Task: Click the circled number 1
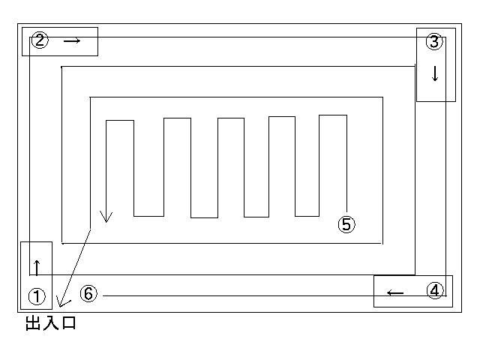coord(37,296)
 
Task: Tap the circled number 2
coord(40,40)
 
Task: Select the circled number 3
coord(434,42)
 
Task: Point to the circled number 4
coord(435,290)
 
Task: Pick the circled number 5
coord(346,224)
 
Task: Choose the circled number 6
coord(88,293)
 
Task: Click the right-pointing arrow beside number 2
coord(72,40)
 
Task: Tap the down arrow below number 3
coord(435,73)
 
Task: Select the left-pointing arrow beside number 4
coord(395,293)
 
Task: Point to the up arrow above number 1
coord(37,268)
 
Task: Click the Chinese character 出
coord(33,323)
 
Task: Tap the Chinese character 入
coord(50,323)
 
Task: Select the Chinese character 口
coord(69,323)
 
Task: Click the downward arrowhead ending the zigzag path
coord(106,217)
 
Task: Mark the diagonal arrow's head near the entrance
coord(61,302)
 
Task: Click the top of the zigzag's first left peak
coord(120,121)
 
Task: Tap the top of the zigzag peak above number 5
coord(333,115)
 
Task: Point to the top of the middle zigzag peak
coord(231,118)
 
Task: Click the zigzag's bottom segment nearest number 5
coord(307,216)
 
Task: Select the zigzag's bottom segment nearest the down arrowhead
coord(148,216)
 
